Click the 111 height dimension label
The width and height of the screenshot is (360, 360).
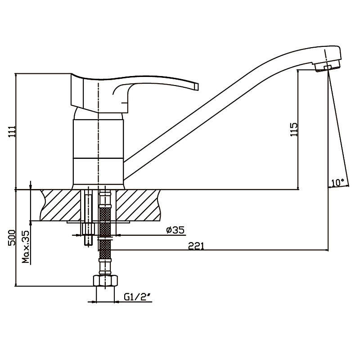click(12, 131)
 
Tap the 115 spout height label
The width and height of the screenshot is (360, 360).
click(294, 130)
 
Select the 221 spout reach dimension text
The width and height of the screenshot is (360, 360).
click(196, 246)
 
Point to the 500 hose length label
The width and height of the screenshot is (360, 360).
click(12, 238)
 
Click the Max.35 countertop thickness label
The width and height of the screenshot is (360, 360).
click(26, 247)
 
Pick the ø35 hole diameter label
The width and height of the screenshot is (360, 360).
click(175, 230)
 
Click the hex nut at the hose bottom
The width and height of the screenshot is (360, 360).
click(106, 280)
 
